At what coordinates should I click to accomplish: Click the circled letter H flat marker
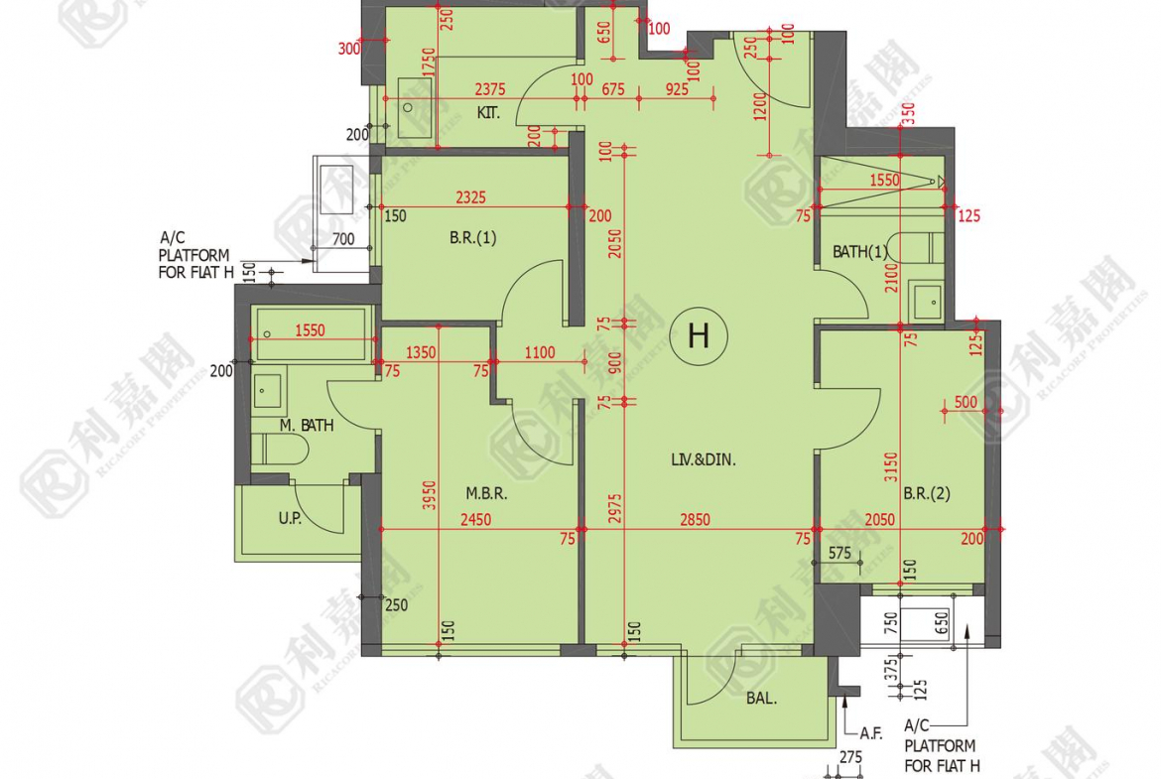coord(699,336)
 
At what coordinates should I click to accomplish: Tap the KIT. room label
coord(488,113)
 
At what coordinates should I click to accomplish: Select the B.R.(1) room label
coord(473,238)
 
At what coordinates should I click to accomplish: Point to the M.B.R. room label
coord(486,493)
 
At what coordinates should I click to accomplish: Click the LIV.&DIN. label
coord(704,459)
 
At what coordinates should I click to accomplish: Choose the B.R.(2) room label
coord(926,493)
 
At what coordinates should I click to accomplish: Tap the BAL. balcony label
coord(761,699)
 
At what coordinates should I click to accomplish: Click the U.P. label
coord(290,518)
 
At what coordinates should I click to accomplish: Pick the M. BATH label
coord(307,425)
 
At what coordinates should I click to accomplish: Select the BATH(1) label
coord(859,252)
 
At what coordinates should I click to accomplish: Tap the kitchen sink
coord(416,108)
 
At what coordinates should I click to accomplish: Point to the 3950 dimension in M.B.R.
coord(430,494)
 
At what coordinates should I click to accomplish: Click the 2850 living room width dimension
coord(695,520)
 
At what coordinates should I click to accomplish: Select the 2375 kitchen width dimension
coord(490,89)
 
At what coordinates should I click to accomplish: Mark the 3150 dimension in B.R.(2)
coord(891,467)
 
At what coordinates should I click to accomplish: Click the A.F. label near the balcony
coord(871,733)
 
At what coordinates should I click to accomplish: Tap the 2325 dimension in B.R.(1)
coord(471,197)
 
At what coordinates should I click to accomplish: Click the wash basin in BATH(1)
coord(926,302)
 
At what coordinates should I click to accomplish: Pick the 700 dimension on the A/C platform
coord(342,239)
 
